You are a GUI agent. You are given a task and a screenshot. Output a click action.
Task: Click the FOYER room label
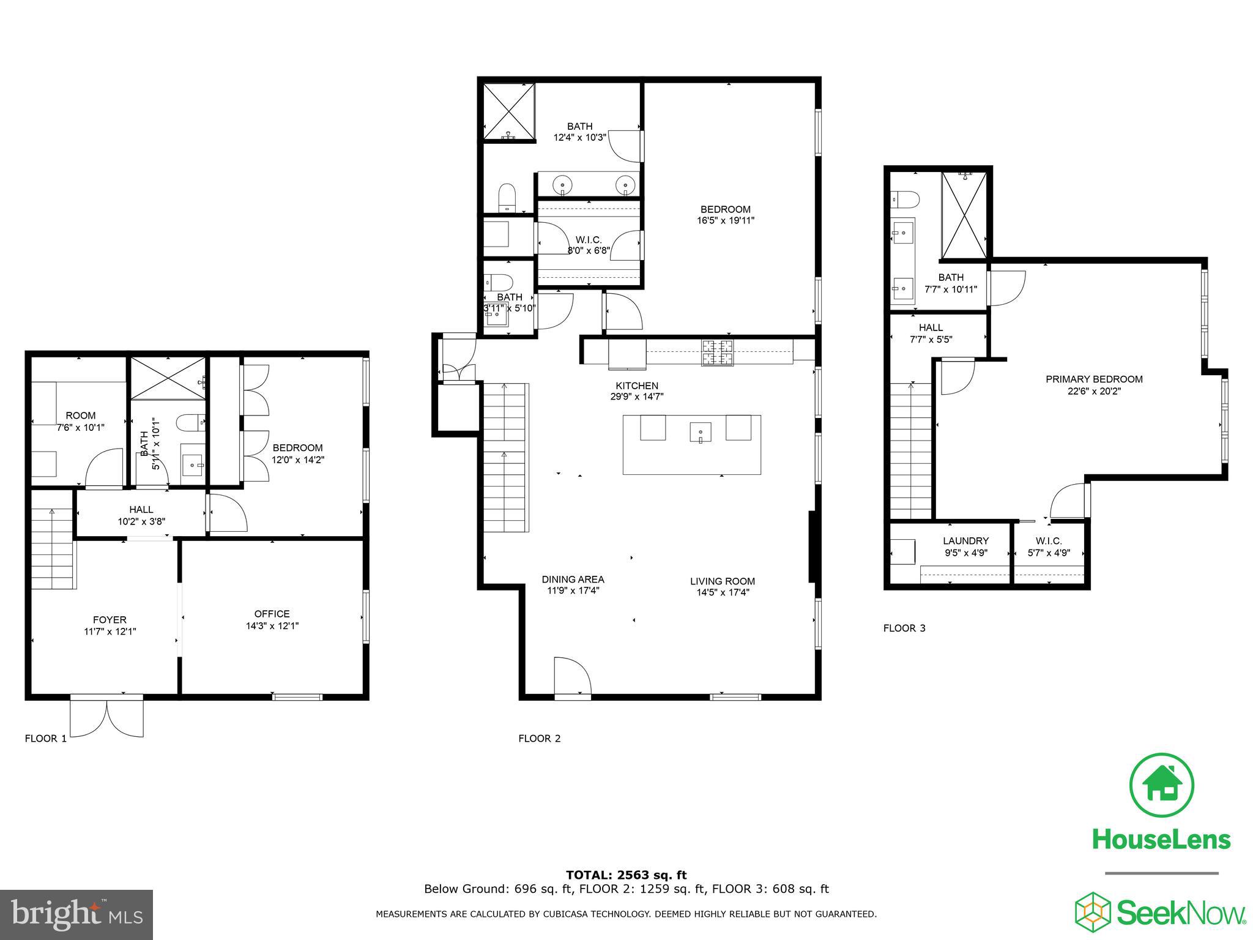(x=110, y=620)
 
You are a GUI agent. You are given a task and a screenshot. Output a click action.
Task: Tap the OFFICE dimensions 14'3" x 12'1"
(x=272, y=626)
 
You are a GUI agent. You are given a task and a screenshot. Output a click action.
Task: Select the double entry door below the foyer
(x=107, y=718)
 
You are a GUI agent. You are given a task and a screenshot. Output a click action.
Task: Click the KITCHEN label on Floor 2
(x=637, y=386)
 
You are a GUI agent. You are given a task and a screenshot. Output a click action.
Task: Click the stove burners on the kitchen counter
(x=716, y=353)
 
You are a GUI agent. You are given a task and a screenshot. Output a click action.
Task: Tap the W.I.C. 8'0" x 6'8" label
(x=589, y=245)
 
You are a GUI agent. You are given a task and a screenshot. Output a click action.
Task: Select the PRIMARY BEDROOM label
(x=1094, y=379)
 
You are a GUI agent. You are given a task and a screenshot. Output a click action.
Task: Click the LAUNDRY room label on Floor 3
(x=965, y=541)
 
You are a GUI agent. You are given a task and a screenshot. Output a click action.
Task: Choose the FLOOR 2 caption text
(x=539, y=739)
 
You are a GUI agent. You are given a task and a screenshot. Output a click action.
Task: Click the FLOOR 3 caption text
(x=904, y=628)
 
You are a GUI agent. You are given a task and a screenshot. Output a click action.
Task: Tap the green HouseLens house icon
(x=1161, y=785)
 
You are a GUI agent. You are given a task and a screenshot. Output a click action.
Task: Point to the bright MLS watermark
(x=76, y=914)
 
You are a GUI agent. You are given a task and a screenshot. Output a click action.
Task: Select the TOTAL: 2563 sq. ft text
(x=626, y=875)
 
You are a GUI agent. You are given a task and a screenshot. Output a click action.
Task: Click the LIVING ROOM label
(x=723, y=581)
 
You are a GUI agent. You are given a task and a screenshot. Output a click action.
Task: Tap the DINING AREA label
(x=573, y=579)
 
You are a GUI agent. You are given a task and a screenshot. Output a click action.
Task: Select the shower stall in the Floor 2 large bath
(x=509, y=111)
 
